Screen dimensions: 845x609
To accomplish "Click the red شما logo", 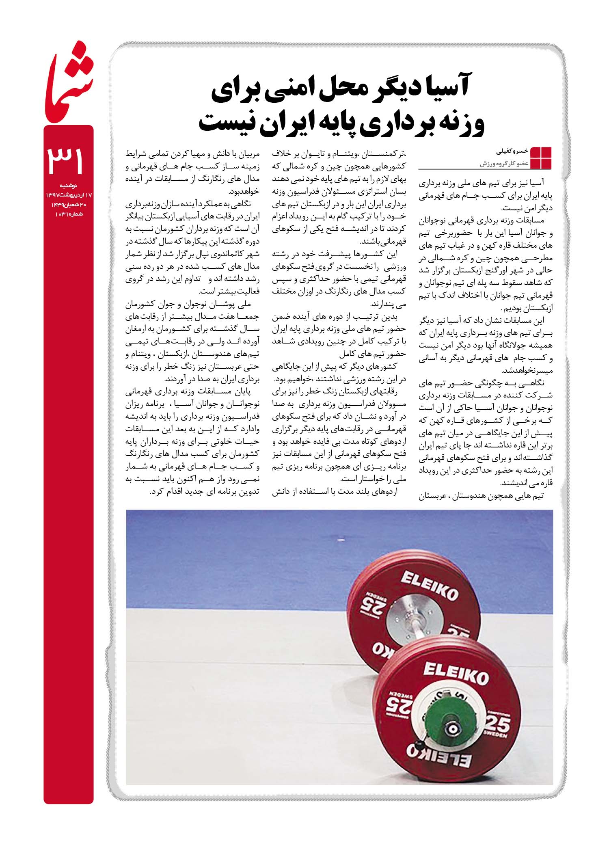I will click(69, 83).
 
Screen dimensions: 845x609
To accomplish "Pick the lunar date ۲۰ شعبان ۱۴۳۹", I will click(69, 205).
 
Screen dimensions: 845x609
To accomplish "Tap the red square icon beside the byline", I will click(540, 158).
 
